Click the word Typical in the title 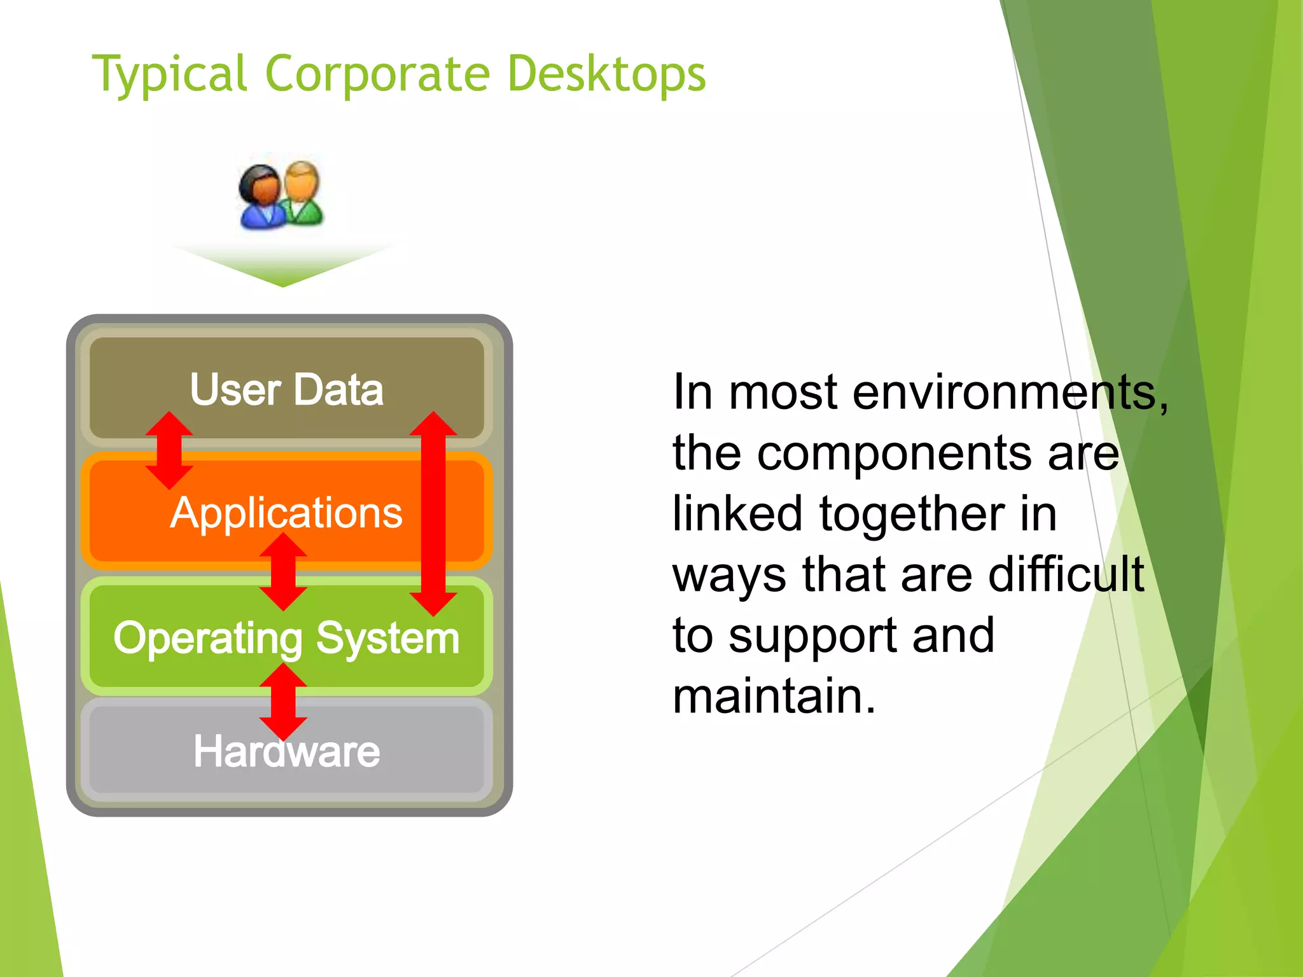click(169, 75)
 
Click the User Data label click(286, 389)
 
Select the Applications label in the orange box click(286, 513)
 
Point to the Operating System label click(286, 638)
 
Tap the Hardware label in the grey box click(286, 751)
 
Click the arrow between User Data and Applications click(169, 450)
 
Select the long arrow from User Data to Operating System click(433, 514)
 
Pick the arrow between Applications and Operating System click(284, 572)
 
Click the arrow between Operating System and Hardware click(284, 702)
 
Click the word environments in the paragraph click(1010, 392)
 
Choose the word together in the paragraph click(912, 514)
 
